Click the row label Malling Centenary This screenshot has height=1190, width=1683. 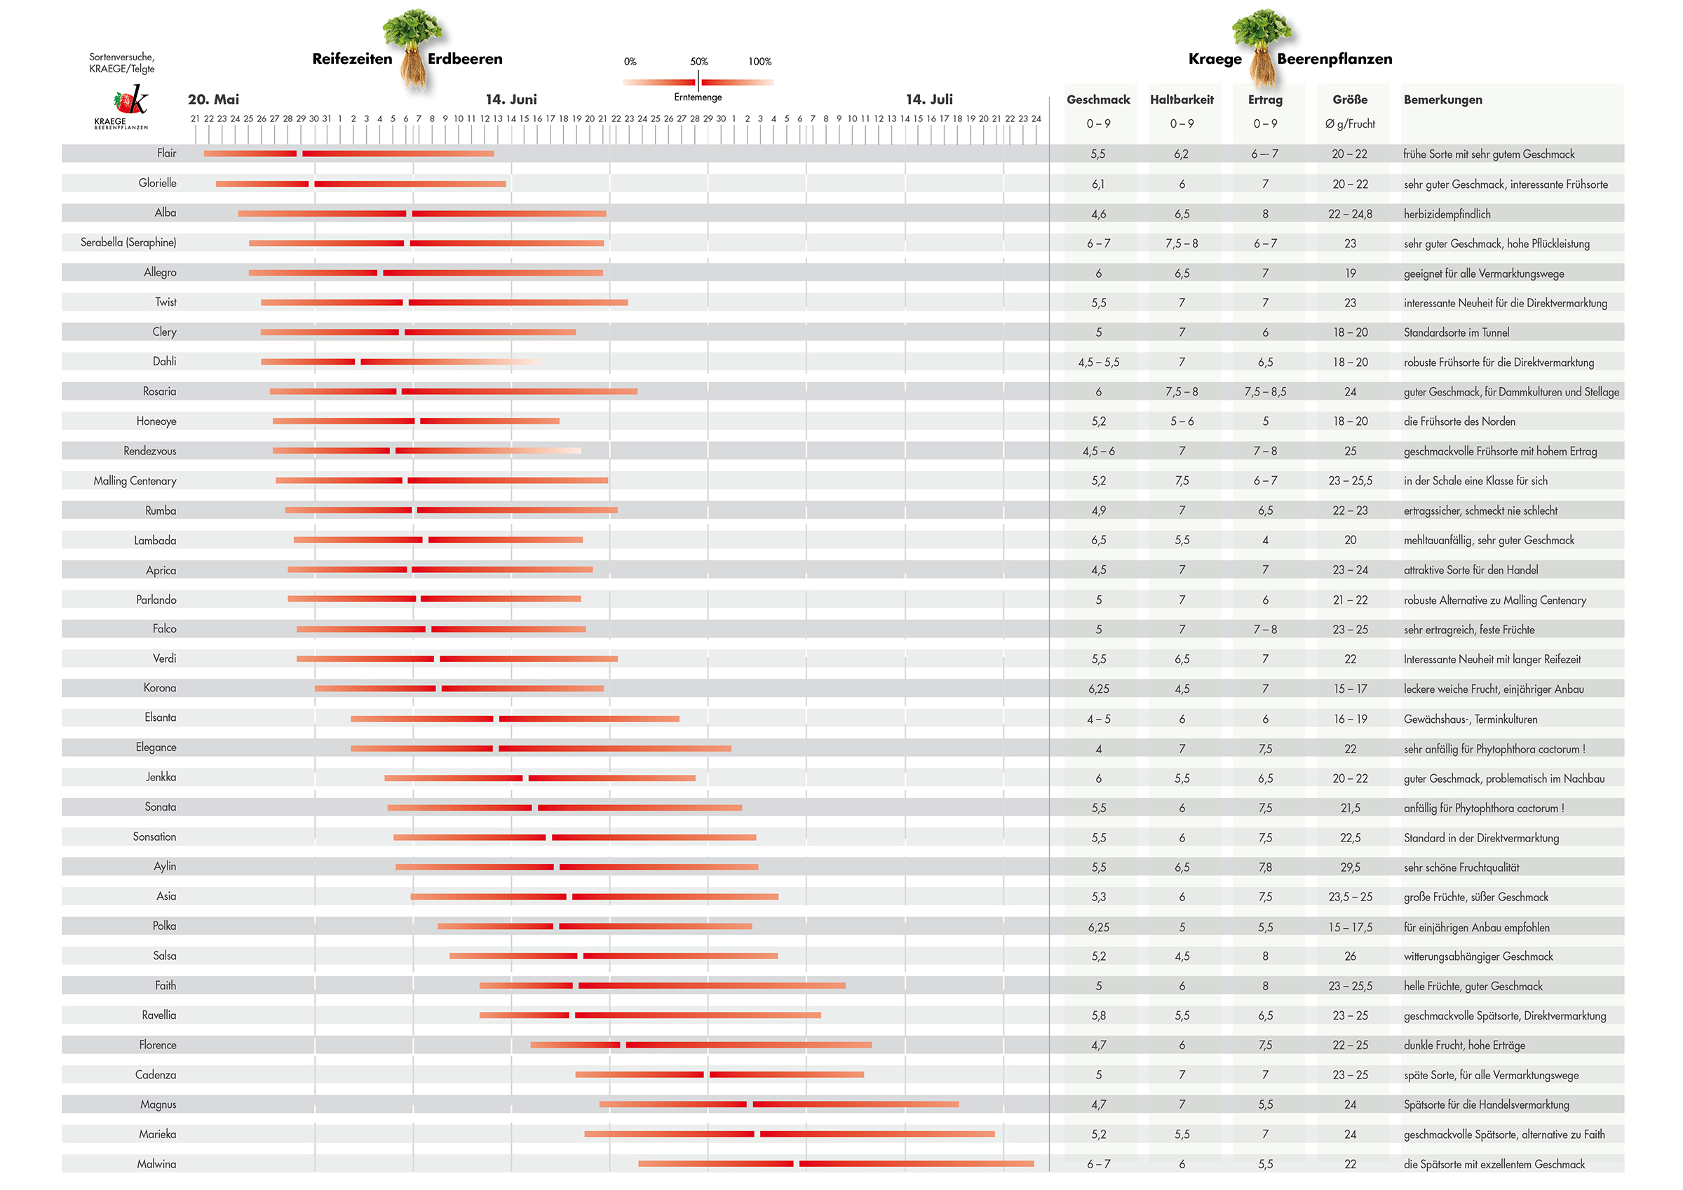(135, 481)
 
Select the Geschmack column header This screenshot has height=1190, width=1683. (1098, 100)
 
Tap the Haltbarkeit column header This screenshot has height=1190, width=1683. (1182, 100)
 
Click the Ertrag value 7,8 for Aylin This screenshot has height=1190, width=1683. (1265, 867)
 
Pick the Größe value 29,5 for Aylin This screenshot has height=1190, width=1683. (1350, 867)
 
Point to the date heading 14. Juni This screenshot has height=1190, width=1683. (511, 100)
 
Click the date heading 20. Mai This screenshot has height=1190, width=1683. (213, 100)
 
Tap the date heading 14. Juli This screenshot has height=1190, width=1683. (929, 100)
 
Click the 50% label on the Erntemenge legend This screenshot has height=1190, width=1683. (698, 62)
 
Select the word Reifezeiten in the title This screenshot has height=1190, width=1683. (352, 60)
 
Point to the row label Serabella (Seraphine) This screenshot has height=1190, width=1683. (128, 243)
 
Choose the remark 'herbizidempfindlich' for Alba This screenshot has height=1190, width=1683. (1447, 214)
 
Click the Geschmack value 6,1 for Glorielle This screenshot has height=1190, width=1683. (1098, 184)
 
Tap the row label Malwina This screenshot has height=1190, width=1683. (157, 1163)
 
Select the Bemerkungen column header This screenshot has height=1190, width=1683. (1442, 100)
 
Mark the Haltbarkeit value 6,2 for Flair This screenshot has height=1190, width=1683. (1182, 154)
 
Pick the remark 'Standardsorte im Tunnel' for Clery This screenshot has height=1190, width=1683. (1456, 333)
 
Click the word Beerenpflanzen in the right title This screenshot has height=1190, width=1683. (1334, 60)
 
